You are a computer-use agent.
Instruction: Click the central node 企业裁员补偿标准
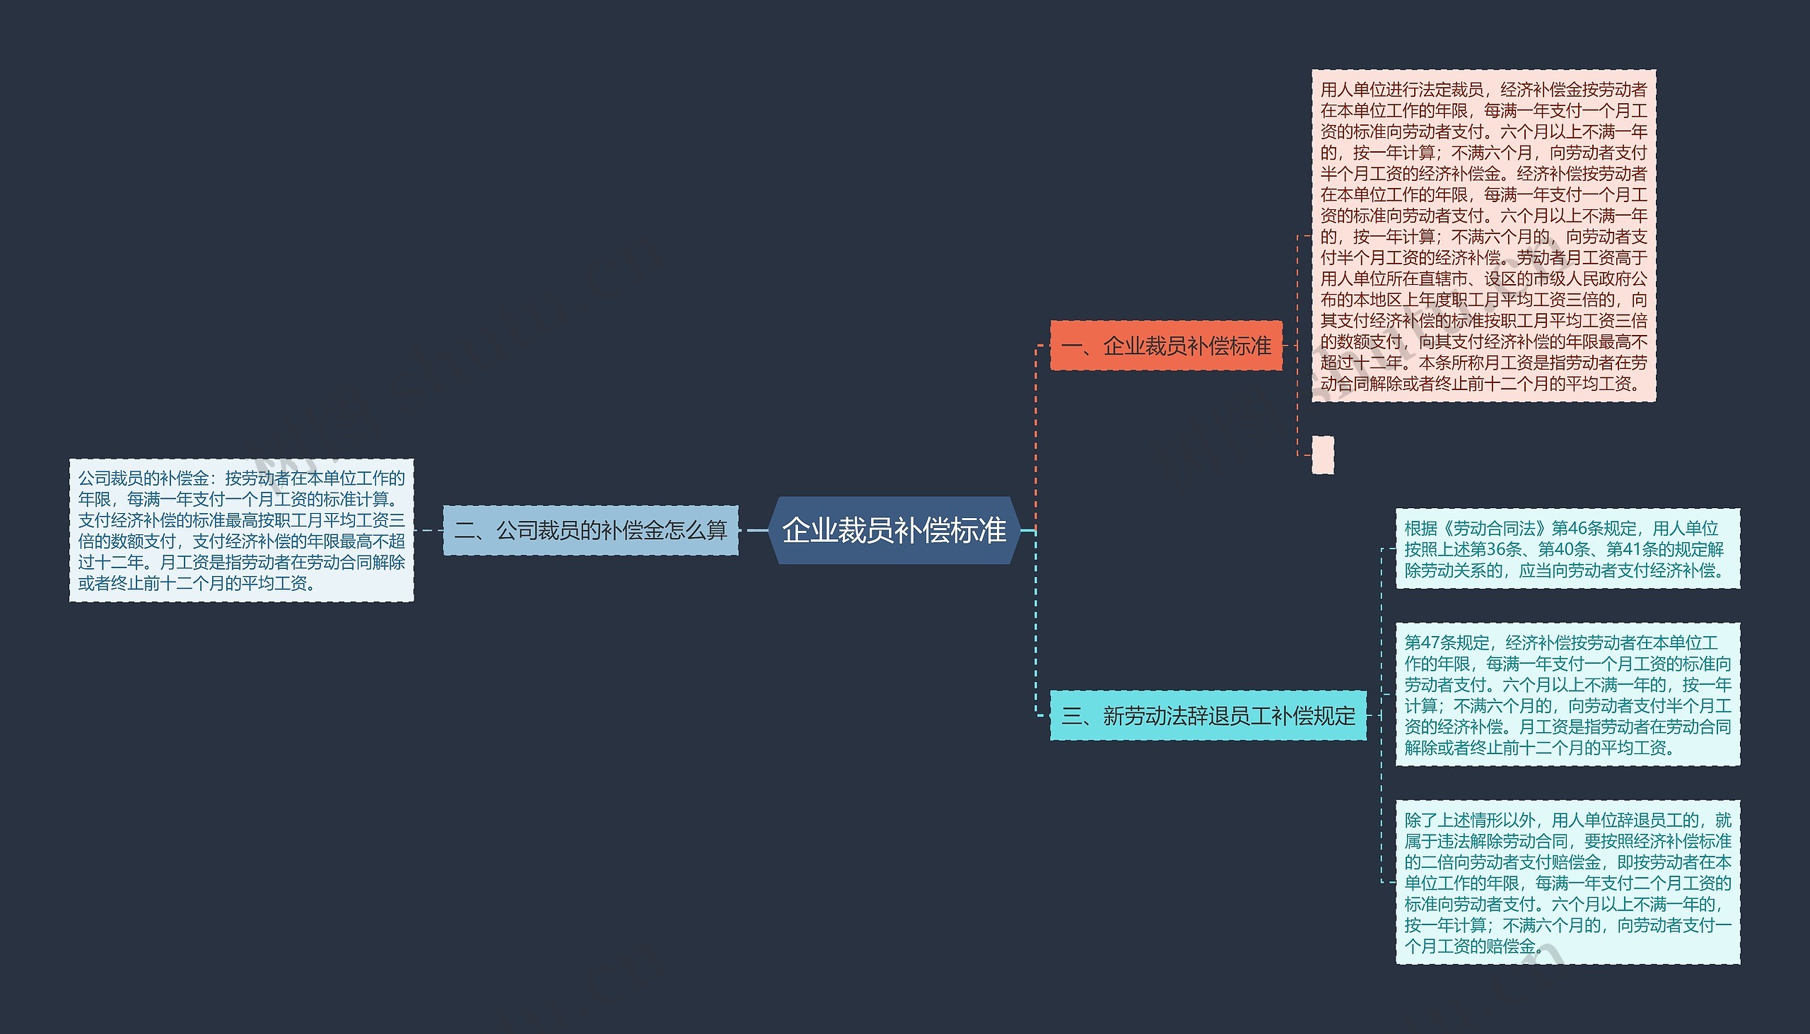pos(894,531)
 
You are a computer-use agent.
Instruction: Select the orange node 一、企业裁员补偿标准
pos(1166,346)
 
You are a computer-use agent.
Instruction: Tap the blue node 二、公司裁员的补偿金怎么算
pos(590,531)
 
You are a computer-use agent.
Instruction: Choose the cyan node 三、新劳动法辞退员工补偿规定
pos(1208,715)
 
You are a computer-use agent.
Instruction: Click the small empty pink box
pos(1322,454)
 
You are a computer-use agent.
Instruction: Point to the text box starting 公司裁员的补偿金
pos(242,531)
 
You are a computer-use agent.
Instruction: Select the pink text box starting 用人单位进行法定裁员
pos(1483,236)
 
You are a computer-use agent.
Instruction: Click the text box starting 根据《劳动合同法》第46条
pos(1567,548)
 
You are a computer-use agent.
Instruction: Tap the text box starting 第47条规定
pos(1567,695)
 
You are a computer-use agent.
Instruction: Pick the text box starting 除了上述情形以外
pos(1567,882)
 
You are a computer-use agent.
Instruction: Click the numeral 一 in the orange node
pos(1071,346)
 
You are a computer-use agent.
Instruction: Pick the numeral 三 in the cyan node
pos(1071,716)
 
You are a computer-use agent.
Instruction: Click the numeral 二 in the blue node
pos(465,531)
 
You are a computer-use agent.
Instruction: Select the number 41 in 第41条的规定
pos(1632,549)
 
